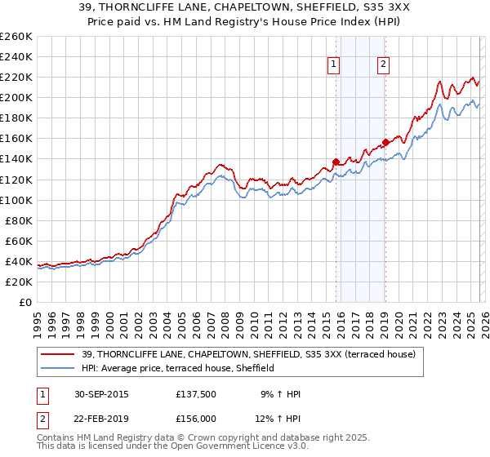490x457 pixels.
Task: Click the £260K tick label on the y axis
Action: coord(16,37)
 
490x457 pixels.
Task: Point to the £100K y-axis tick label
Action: coord(16,200)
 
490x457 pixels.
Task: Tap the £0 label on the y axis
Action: coord(25,302)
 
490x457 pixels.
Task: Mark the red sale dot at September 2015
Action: coord(336,162)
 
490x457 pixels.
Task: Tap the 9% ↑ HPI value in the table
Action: coord(280,394)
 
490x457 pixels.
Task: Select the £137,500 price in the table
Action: coord(197,394)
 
